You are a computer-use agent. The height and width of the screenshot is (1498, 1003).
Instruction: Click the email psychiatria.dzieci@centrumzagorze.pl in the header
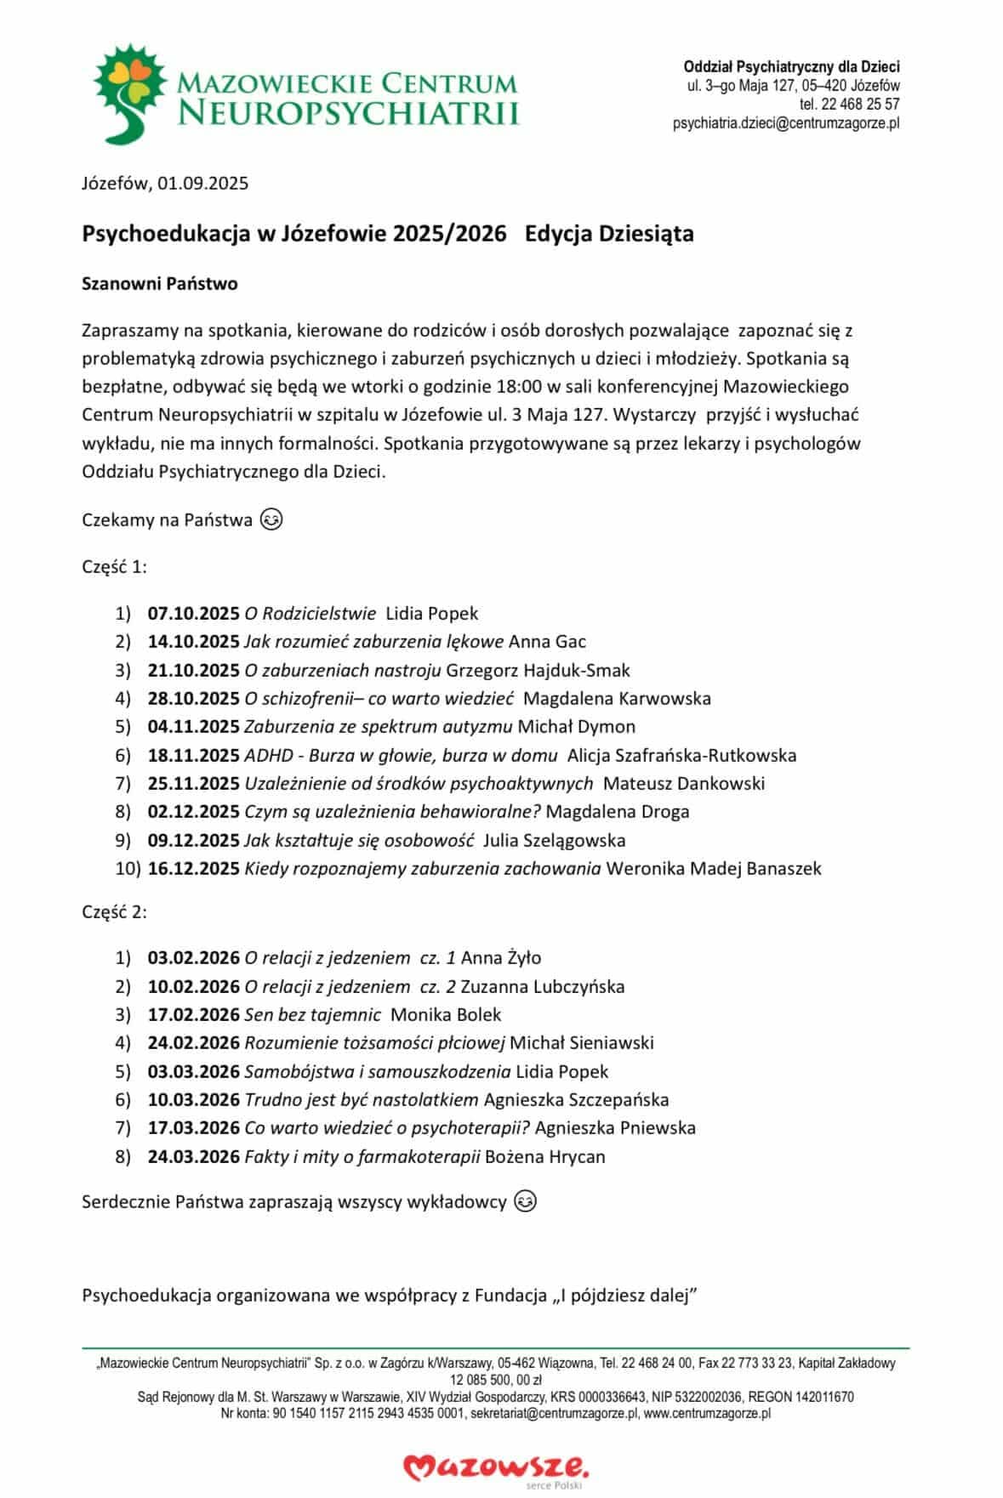(x=785, y=123)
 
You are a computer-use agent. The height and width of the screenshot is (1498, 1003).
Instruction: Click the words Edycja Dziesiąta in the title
(x=609, y=234)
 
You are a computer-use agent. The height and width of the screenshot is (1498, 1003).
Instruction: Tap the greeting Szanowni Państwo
(x=159, y=284)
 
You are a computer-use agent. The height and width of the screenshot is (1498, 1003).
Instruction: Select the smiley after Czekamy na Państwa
(x=271, y=519)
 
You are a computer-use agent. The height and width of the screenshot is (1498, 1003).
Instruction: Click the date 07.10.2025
(x=193, y=613)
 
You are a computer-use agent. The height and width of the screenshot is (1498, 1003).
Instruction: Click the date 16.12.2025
(x=193, y=868)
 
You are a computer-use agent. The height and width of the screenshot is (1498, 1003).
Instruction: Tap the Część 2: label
(x=114, y=912)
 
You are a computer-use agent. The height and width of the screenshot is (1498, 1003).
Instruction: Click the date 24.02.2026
(x=193, y=1042)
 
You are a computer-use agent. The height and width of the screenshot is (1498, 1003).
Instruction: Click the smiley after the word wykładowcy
(x=526, y=1201)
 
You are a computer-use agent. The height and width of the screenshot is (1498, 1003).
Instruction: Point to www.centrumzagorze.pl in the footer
(x=708, y=1414)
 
